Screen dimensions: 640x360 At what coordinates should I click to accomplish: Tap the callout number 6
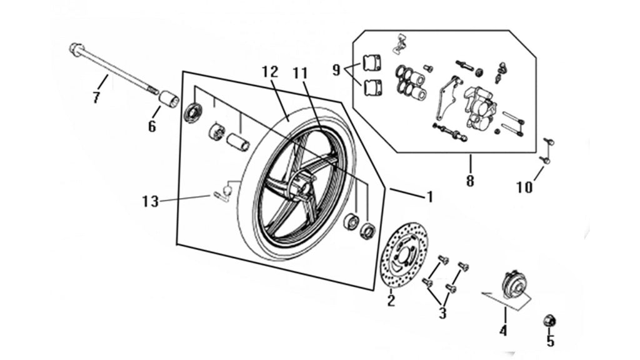[x=152, y=126]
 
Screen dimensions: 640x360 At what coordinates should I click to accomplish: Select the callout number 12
[x=270, y=72]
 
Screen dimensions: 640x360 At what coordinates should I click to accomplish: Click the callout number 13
[x=150, y=201]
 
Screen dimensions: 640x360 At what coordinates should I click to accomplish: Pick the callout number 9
[x=336, y=70]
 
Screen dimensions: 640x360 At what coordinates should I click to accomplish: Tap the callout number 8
[x=470, y=180]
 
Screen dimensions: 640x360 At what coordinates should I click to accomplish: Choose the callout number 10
[x=524, y=187]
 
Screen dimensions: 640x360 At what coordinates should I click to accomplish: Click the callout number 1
[x=429, y=197]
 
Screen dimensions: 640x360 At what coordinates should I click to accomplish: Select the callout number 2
[x=391, y=301]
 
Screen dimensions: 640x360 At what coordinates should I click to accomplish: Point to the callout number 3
[x=442, y=314]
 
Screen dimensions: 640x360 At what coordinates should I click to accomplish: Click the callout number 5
[x=550, y=341]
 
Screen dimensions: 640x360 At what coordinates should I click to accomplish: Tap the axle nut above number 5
[x=549, y=321]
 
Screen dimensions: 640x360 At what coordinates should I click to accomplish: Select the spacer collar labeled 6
[x=169, y=101]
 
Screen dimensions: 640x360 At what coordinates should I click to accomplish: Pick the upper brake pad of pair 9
[x=372, y=63]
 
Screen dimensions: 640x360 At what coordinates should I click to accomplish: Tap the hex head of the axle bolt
[x=76, y=49]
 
